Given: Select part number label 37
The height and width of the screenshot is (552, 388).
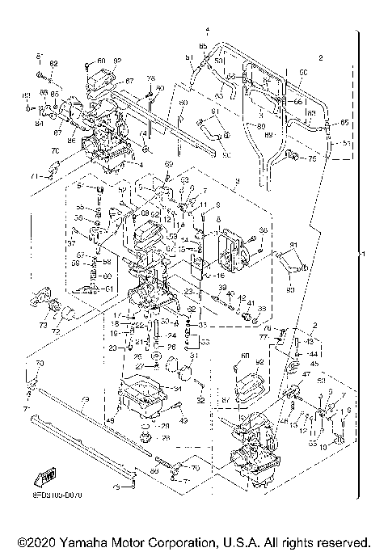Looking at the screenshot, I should tap(71, 242).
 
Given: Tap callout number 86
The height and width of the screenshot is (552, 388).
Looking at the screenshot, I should tap(71, 140).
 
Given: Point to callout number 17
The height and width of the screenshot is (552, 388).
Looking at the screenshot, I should tap(116, 314).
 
